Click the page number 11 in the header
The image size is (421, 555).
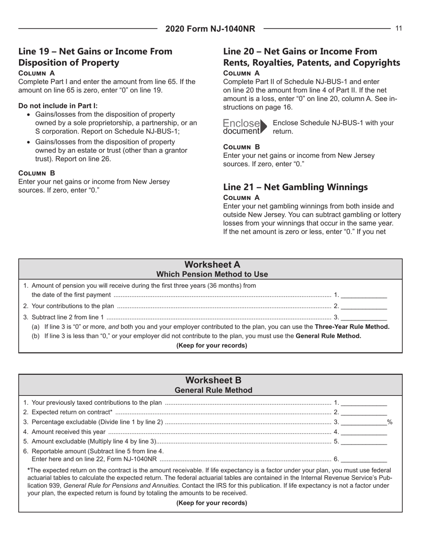pos(398,28)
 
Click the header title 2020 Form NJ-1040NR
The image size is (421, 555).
pos(210,29)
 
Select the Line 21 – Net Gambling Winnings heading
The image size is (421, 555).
pos(296,174)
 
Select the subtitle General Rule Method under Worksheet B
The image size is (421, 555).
pos(210,390)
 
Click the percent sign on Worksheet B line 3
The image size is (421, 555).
pos(390,422)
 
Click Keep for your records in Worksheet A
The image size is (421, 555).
pos(210,346)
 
